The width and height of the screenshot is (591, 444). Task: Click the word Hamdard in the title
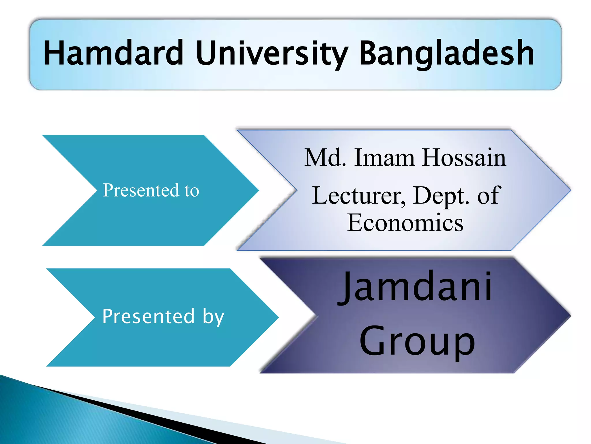tap(113, 53)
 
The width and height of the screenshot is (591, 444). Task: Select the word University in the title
tap(272, 53)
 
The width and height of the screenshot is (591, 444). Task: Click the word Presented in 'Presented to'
tap(141, 190)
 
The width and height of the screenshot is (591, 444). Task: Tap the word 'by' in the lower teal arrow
tap(213, 317)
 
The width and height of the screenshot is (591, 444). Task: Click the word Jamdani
tap(415, 287)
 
